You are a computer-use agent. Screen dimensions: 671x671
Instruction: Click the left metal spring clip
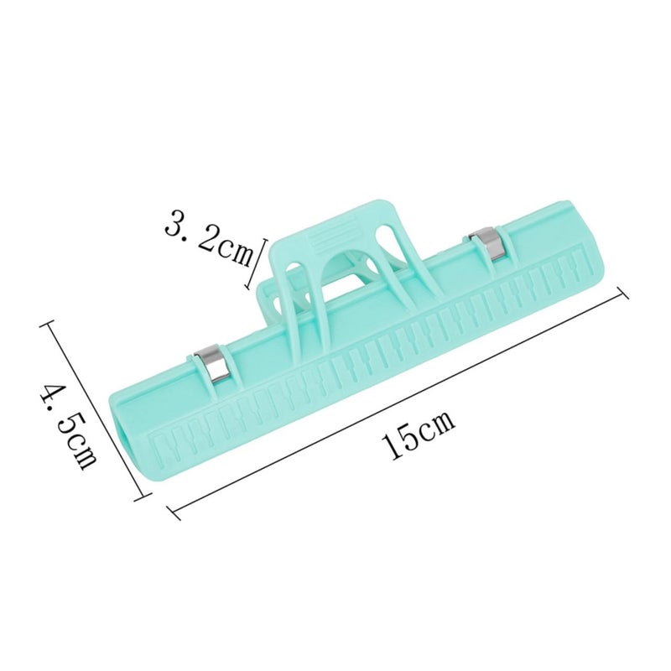coord(213,364)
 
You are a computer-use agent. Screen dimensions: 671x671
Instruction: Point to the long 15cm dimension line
coord(399,399)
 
